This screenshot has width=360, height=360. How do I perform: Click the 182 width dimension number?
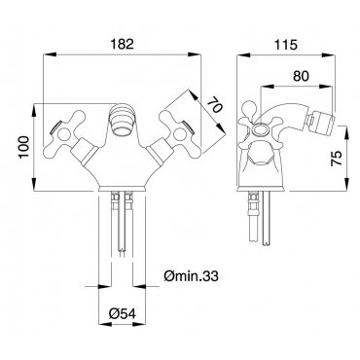[x=123, y=44]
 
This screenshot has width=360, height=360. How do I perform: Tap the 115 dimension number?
[x=286, y=45]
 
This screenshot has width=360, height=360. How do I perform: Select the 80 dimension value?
[x=301, y=76]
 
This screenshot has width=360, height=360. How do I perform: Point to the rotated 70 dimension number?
[x=214, y=105]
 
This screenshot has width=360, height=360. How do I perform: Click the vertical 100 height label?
[x=24, y=147]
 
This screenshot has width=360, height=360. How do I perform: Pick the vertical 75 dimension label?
[x=337, y=159]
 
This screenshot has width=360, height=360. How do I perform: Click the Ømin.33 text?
[x=191, y=276]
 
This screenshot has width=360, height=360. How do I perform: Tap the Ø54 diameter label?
[x=123, y=313]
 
